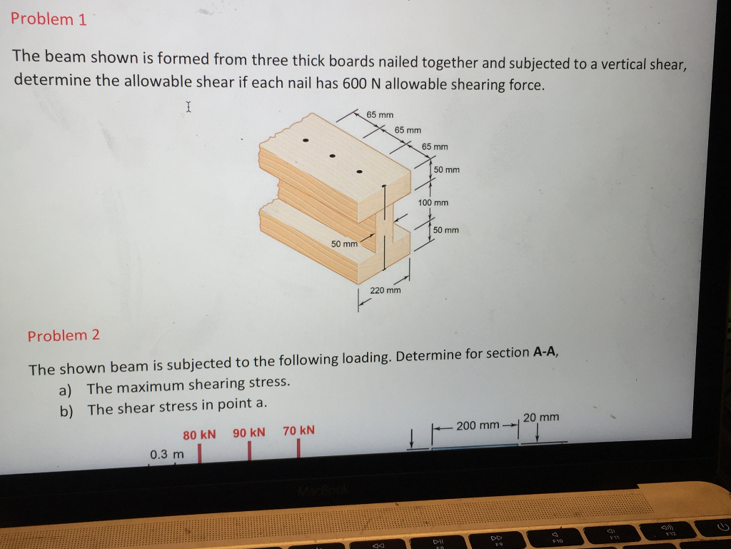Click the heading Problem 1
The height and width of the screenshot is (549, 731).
tap(49, 19)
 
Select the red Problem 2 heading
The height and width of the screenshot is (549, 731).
tap(64, 335)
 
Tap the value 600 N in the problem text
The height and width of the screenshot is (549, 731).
tap(356, 84)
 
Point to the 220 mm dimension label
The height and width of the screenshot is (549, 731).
tap(385, 290)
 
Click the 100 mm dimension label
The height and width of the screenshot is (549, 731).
tap(433, 203)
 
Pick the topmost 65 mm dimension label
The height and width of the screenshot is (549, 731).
tap(380, 114)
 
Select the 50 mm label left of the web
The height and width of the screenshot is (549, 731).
tap(344, 244)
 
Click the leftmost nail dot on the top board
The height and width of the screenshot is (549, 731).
tap(306, 140)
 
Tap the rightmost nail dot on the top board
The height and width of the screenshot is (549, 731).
tap(360, 172)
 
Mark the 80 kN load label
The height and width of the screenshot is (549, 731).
tap(199, 435)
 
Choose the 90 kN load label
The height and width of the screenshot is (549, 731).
tap(248, 432)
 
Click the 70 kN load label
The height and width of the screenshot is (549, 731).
tap(298, 430)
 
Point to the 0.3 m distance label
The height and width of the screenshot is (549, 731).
tap(166, 455)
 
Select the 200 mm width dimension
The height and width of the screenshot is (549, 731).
tap(478, 426)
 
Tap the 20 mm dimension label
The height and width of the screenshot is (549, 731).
tap(540, 417)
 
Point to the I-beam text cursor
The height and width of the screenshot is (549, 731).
tap(188, 107)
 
